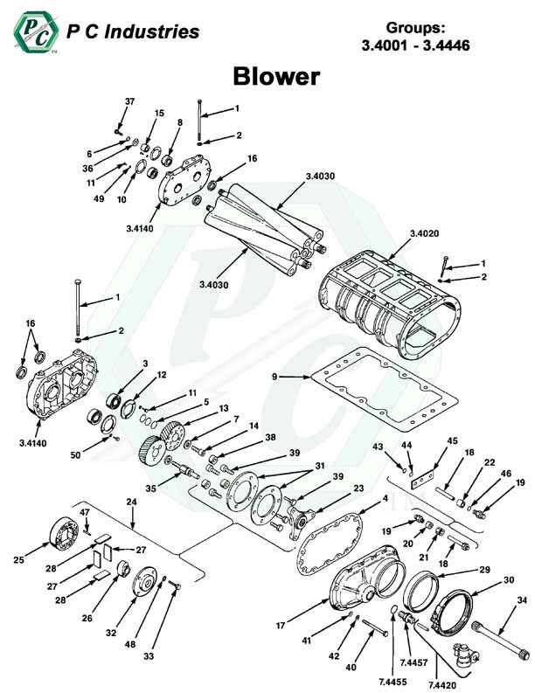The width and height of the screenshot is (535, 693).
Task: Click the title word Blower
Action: tap(275, 77)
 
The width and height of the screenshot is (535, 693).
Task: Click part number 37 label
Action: tap(129, 102)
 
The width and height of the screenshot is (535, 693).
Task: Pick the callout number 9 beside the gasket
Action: tap(274, 377)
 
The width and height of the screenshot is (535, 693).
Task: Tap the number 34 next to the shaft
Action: tap(521, 599)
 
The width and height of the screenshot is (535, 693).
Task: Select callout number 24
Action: tap(131, 503)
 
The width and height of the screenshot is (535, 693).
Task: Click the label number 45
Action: tap(451, 440)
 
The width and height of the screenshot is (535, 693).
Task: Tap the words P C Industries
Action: tap(133, 33)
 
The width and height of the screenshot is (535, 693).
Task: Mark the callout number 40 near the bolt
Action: tap(351, 668)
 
